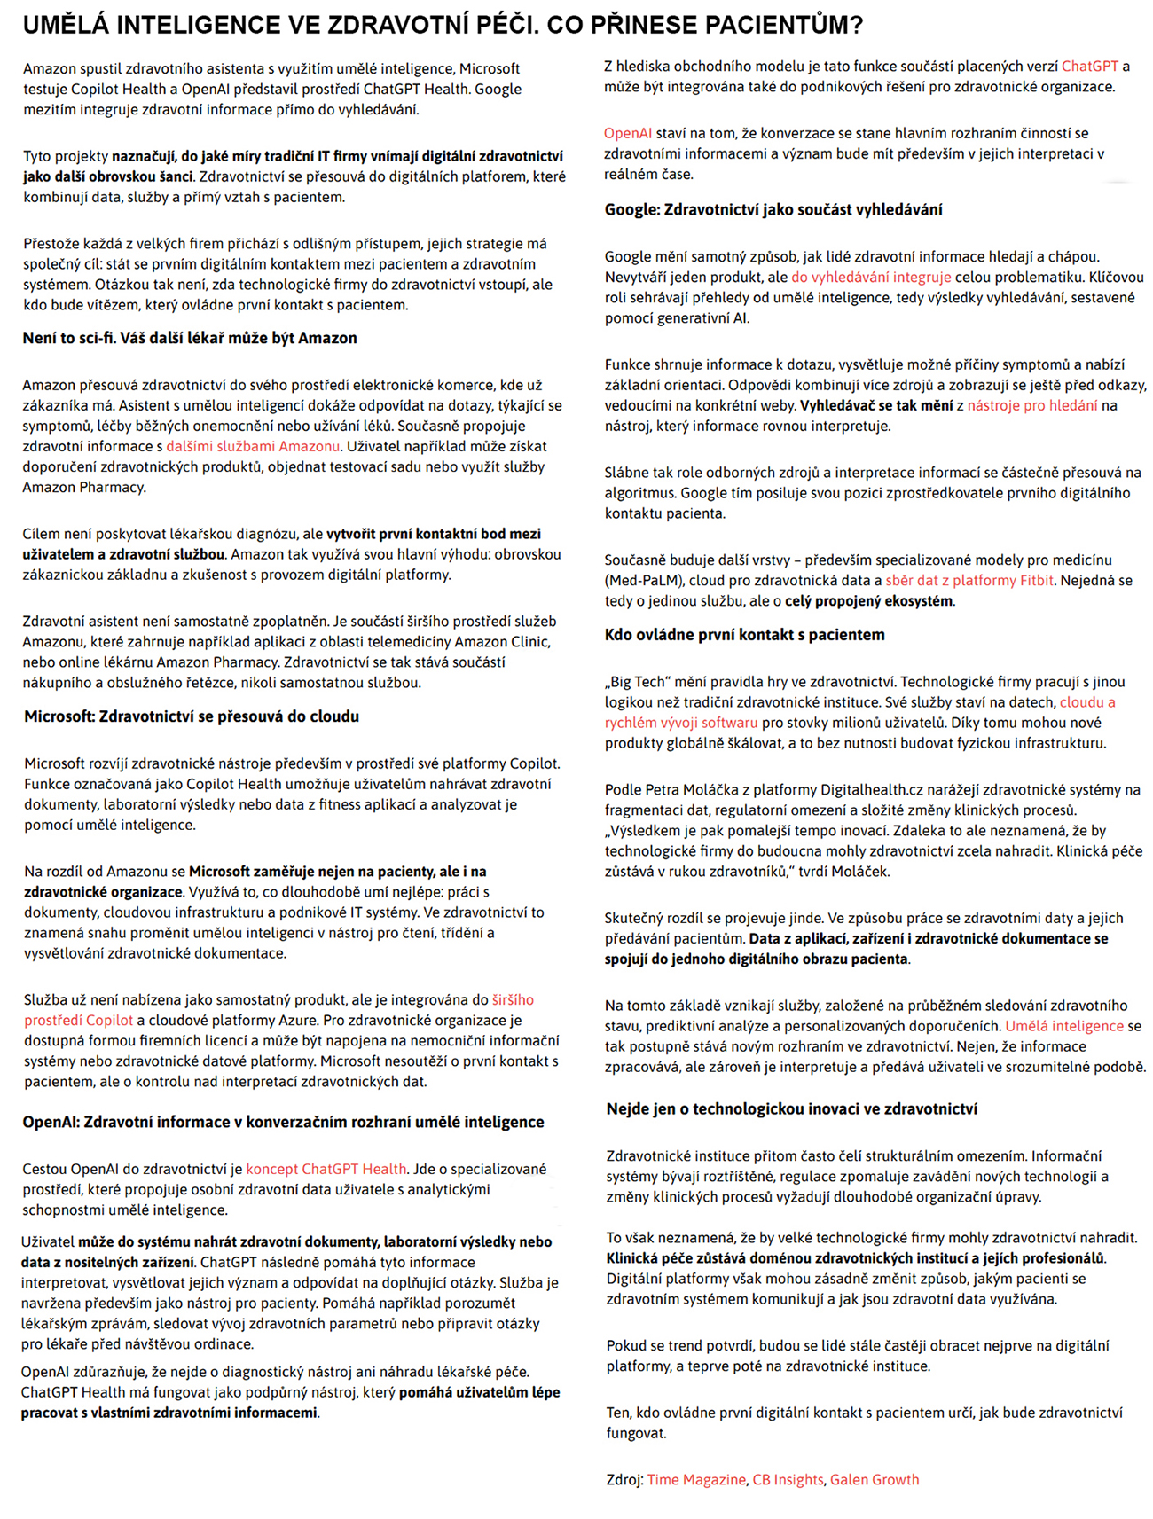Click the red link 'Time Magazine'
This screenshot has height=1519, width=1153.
coord(696,1479)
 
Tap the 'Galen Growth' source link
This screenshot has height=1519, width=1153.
coord(875,1479)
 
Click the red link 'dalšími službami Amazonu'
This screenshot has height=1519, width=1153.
coord(253,446)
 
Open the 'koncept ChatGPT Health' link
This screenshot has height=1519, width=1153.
coord(326,1169)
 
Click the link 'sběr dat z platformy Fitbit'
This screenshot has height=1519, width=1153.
coord(969,580)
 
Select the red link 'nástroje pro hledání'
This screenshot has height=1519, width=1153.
coord(1032,405)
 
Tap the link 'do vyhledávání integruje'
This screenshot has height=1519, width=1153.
coord(871,277)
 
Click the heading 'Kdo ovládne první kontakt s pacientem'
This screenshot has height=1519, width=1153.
coord(745,634)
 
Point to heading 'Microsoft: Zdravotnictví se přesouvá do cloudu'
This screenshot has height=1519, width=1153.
coord(192,716)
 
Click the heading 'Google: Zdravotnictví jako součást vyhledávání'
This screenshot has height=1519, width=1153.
coord(773,209)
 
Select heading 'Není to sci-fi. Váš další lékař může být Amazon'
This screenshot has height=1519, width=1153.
coord(190,338)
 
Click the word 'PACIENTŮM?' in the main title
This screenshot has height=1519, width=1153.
coord(784,25)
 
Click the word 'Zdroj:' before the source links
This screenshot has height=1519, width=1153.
coord(624,1479)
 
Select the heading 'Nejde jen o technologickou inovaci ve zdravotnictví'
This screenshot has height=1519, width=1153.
coord(792,1108)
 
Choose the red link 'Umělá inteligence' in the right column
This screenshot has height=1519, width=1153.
coord(1064,1026)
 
